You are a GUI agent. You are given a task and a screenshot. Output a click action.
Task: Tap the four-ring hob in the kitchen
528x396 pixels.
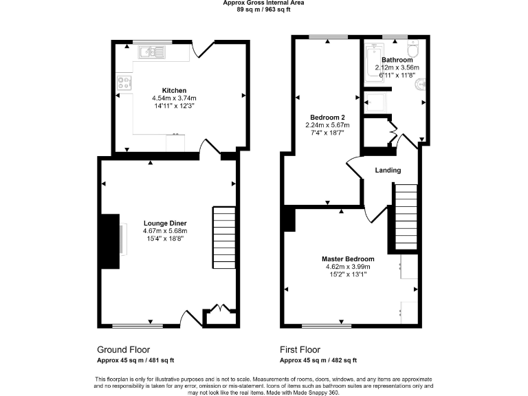tap(124, 83)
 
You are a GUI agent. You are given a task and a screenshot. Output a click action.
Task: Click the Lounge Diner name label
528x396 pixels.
tap(165, 223)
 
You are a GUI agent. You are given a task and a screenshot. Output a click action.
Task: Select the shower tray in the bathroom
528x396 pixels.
tap(376, 102)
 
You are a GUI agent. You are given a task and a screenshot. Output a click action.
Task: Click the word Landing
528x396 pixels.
tap(388, 170)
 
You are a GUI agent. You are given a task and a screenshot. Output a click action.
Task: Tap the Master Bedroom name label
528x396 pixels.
tap(347, 259)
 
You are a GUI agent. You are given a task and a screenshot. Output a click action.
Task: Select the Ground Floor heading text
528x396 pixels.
tap(123, 349)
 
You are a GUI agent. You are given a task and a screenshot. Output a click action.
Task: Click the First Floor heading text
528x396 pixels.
tap(302, 349)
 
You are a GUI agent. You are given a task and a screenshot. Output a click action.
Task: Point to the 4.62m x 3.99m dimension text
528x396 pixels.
tap(347, 267)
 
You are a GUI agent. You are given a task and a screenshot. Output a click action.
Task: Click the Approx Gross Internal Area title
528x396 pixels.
tap(264, 3)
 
